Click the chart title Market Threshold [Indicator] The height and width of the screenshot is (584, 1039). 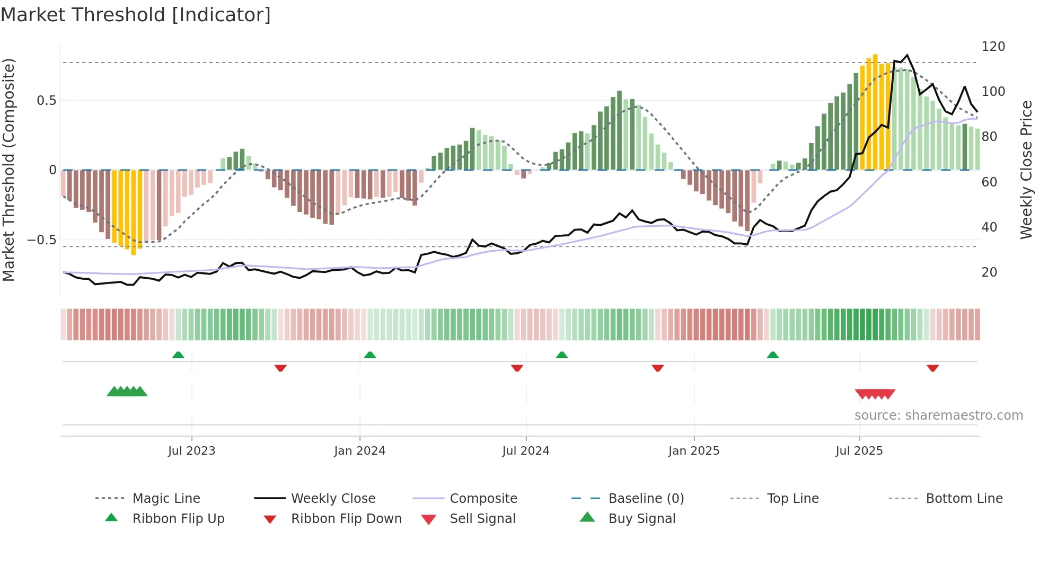pyautogui.click(x=136, y=15)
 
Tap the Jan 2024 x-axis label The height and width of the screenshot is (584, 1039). pyautogui.click(x=359, y=450)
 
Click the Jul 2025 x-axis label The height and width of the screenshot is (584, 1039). pyautogui.click(x=859, y=450)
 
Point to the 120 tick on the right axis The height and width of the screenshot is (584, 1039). pyautogui.click(x=993, y=47)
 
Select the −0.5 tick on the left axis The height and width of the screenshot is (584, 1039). pyautogui.click(x=41, y=240)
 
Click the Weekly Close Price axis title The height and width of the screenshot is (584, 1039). pyautogui.click(x=1026, y=170)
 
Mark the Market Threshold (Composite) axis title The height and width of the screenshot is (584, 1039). pyautogui.click(x=8, y=170)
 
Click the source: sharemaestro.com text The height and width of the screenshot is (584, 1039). pyautogui.click(x=938, y=415)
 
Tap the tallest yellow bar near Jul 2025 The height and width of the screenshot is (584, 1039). pyautogui.click(x=875, y=111)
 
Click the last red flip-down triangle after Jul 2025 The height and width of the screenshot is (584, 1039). pyautogui.click(x=932, y=368)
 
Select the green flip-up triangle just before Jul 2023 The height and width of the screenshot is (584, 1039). pyautogui.click(x=178, y=355)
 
